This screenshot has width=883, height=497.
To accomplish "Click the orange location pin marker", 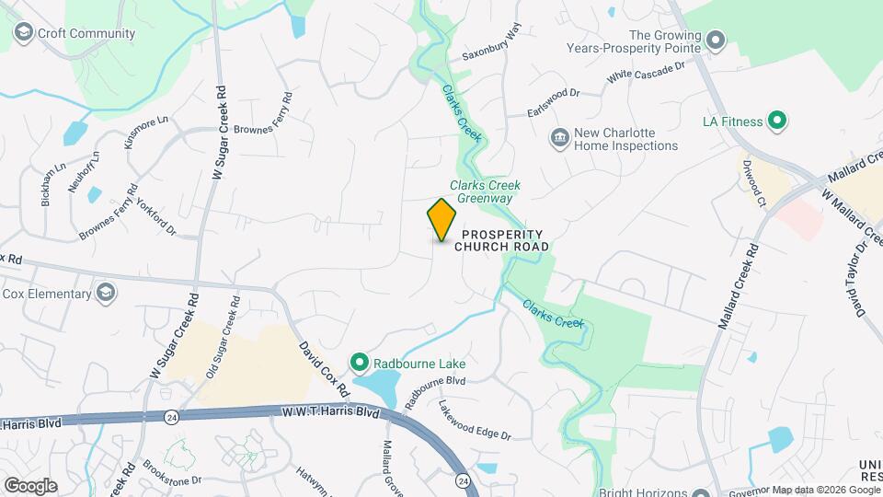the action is [441, 219].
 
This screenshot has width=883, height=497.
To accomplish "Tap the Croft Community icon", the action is [24, 34].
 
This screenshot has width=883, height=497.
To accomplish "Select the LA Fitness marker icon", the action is [776, 121].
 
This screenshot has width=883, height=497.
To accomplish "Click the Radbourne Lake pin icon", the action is [361, 362].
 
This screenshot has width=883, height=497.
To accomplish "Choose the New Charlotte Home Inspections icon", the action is [558, 138].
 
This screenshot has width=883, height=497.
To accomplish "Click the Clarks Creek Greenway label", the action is [480, 191].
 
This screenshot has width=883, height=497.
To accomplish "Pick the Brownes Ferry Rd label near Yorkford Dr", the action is [108, 214].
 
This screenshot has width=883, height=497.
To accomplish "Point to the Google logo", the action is [30, 485].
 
